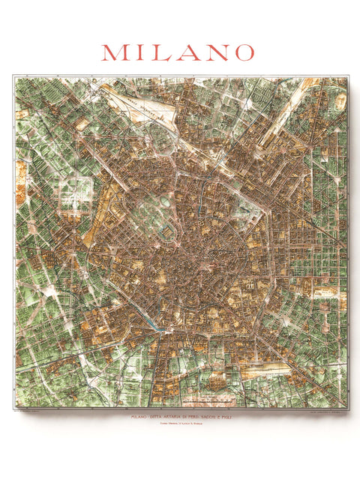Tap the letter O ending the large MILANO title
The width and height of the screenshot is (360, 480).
241,52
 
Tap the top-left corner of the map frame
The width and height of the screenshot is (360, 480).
13,75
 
